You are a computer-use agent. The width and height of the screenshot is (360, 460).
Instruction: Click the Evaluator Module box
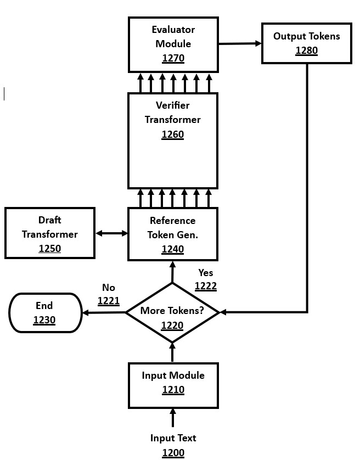point(173,44)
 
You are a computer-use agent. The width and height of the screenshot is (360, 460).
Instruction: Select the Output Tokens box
point(306,43)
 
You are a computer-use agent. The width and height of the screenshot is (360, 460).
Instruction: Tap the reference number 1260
point(173,134)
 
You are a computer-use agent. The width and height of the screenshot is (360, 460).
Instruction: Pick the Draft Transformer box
point(50,233)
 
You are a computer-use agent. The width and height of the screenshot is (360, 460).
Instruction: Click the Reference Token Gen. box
point(172,234)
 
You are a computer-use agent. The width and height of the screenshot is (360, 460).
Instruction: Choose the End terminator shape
point(45,313)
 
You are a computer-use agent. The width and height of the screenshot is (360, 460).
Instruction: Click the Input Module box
point(173,385)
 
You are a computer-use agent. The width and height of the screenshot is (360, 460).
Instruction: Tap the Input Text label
point(173,438)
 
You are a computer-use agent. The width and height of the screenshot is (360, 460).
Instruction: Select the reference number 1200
point(173,453)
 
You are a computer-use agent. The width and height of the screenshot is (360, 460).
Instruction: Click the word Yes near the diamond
point(206,273)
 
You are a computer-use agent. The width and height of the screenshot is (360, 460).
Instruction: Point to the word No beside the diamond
point(109,288)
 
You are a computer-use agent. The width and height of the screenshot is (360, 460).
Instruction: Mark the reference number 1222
point(206,286)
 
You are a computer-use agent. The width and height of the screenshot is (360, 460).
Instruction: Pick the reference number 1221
point(109,301)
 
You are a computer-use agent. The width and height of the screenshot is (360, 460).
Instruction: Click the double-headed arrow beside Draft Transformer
point(111,233)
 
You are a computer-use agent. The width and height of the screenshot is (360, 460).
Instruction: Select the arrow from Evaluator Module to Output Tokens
point(240,43)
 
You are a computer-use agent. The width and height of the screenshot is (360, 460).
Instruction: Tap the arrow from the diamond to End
point(104,313)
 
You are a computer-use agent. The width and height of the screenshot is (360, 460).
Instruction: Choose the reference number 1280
point(306,51)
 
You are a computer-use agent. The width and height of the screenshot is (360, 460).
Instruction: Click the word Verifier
point(172,105)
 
